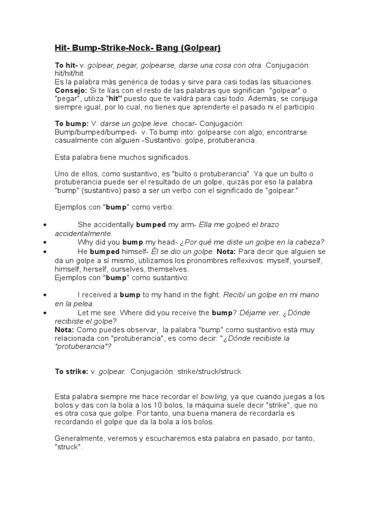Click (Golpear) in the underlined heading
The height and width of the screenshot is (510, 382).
click(201, 48)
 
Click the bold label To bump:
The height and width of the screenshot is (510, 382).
click(72, 124)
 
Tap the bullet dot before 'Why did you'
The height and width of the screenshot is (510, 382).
click(45, 242)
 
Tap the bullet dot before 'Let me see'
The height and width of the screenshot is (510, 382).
click(45, 312)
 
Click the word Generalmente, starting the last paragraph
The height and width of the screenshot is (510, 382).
click(79, 439)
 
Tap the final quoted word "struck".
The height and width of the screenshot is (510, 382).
click(69, 447)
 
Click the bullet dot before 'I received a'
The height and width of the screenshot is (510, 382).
click(45, 295)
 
